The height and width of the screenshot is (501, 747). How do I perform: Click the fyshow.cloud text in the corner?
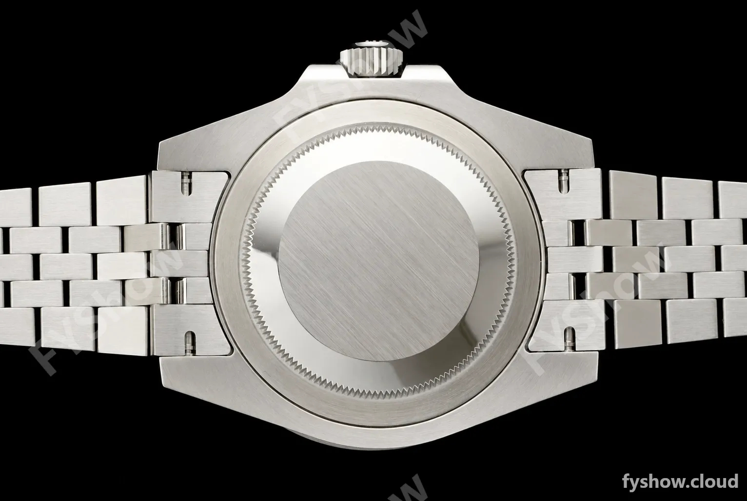pyautogui.click(x=680, y=481)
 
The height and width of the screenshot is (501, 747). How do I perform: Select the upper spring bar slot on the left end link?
pyautogui.click(x=187, y=183)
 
